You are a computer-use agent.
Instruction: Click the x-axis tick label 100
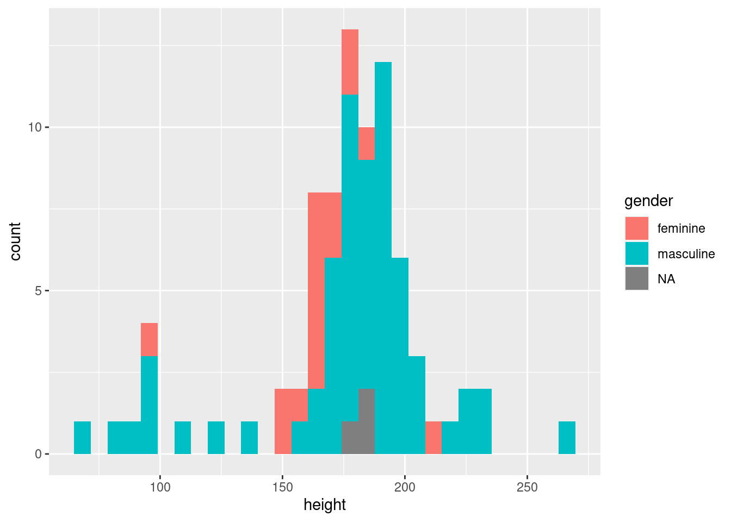[160, 487]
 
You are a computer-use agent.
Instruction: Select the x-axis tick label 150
[282, 487]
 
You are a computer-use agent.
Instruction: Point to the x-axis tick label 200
[405, 487]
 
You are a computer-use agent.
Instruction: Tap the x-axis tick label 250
[527, 487]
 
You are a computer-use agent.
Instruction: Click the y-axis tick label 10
[35, 127]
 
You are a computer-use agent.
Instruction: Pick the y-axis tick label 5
[39, 290]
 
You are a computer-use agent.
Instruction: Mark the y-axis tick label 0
[39, 454]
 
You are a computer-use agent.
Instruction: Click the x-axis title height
[325, 505]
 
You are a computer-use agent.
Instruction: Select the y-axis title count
[15, 241]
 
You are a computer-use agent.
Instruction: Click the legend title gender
[648, 201]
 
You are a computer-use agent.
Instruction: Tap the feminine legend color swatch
[636, 228]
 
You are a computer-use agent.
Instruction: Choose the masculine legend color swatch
[636, 253]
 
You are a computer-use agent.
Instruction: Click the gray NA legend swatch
[636, 278]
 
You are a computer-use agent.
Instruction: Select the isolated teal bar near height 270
[567, 438]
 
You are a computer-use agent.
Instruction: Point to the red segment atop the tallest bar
[350, 61]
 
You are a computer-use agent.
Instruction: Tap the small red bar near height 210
[433, 438]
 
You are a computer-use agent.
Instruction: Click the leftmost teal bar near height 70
[82, 438]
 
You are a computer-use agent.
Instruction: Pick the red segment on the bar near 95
[149, 339]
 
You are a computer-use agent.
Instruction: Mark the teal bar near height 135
[249, 438]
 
